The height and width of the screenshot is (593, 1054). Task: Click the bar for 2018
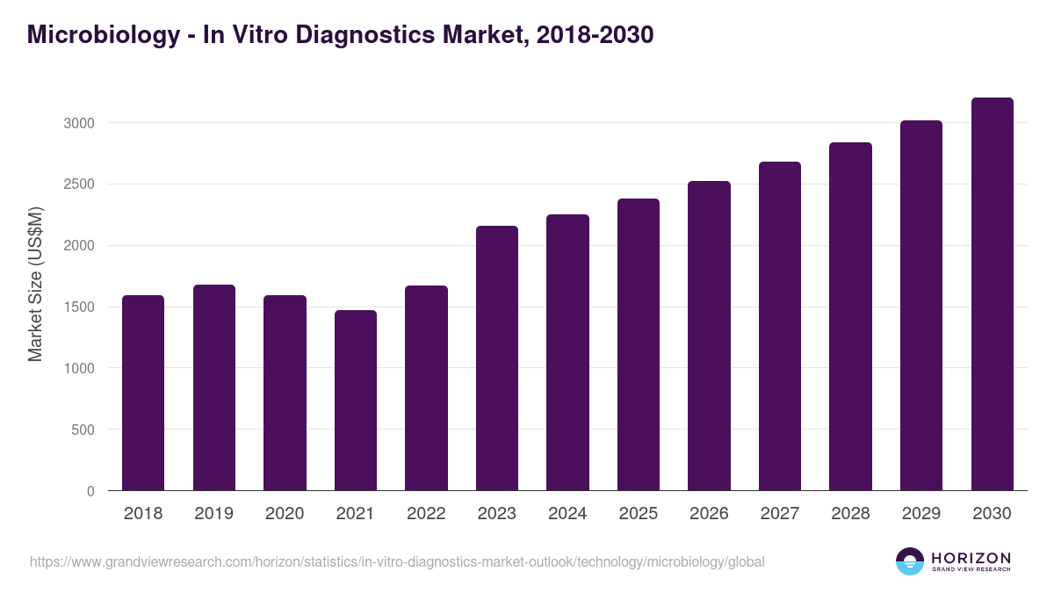143,393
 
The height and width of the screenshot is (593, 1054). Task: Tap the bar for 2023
497,358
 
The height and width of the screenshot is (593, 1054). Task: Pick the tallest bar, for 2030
992,293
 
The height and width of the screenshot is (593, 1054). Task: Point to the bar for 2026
709,336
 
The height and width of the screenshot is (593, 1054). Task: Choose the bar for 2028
850,316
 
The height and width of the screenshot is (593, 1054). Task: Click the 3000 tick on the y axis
78,123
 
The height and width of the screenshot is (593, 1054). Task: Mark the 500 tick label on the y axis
83,430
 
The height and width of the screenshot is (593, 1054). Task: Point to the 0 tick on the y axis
90,491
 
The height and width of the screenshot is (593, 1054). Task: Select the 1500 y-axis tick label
78,307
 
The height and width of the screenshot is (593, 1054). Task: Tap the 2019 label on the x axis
214,514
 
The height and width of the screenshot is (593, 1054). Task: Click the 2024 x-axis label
567,514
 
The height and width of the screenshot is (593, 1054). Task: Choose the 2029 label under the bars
921,514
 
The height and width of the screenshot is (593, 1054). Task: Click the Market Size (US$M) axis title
35,283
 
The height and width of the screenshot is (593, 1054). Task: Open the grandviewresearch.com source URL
397,561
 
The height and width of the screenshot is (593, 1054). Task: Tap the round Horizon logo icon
909,561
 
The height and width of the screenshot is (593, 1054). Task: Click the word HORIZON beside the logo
971,557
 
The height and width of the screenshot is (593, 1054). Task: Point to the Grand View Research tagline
971,570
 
